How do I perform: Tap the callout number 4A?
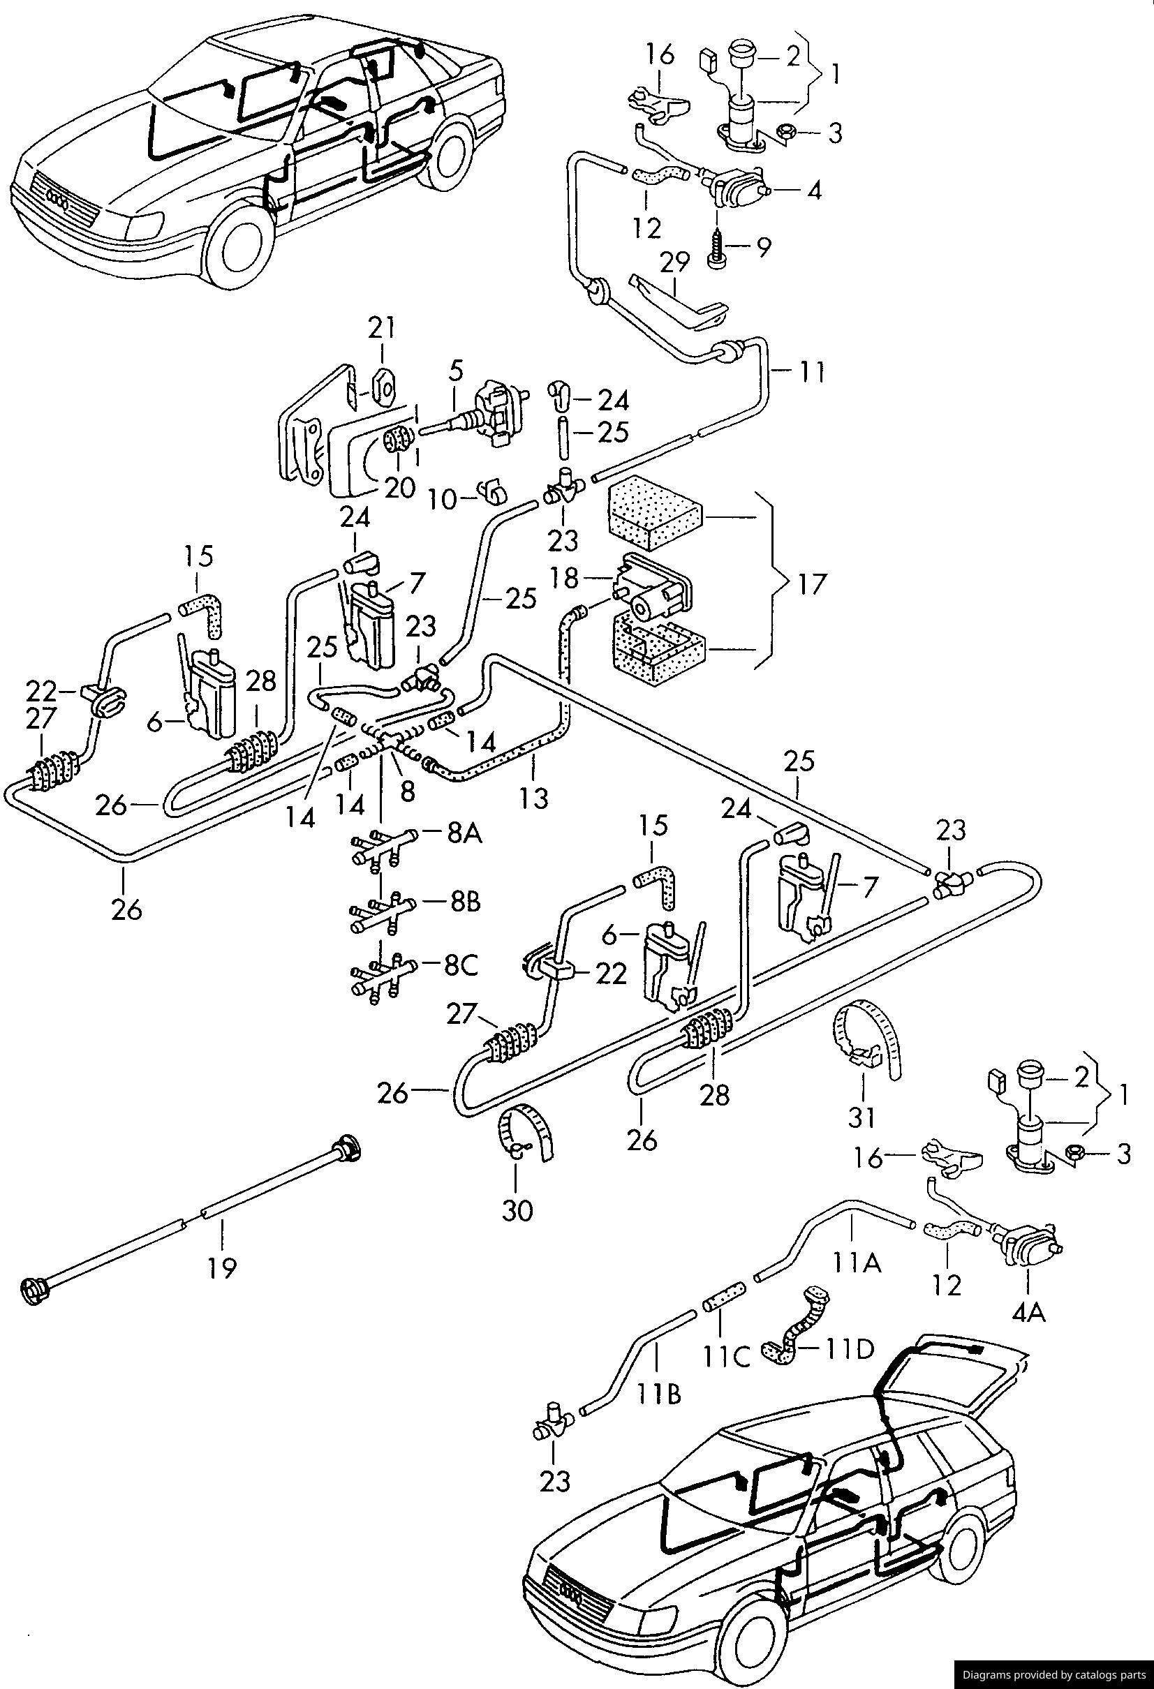(x=1030, y=1314)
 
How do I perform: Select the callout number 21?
(x=382, y=329)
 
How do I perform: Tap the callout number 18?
(x=564, y=579)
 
